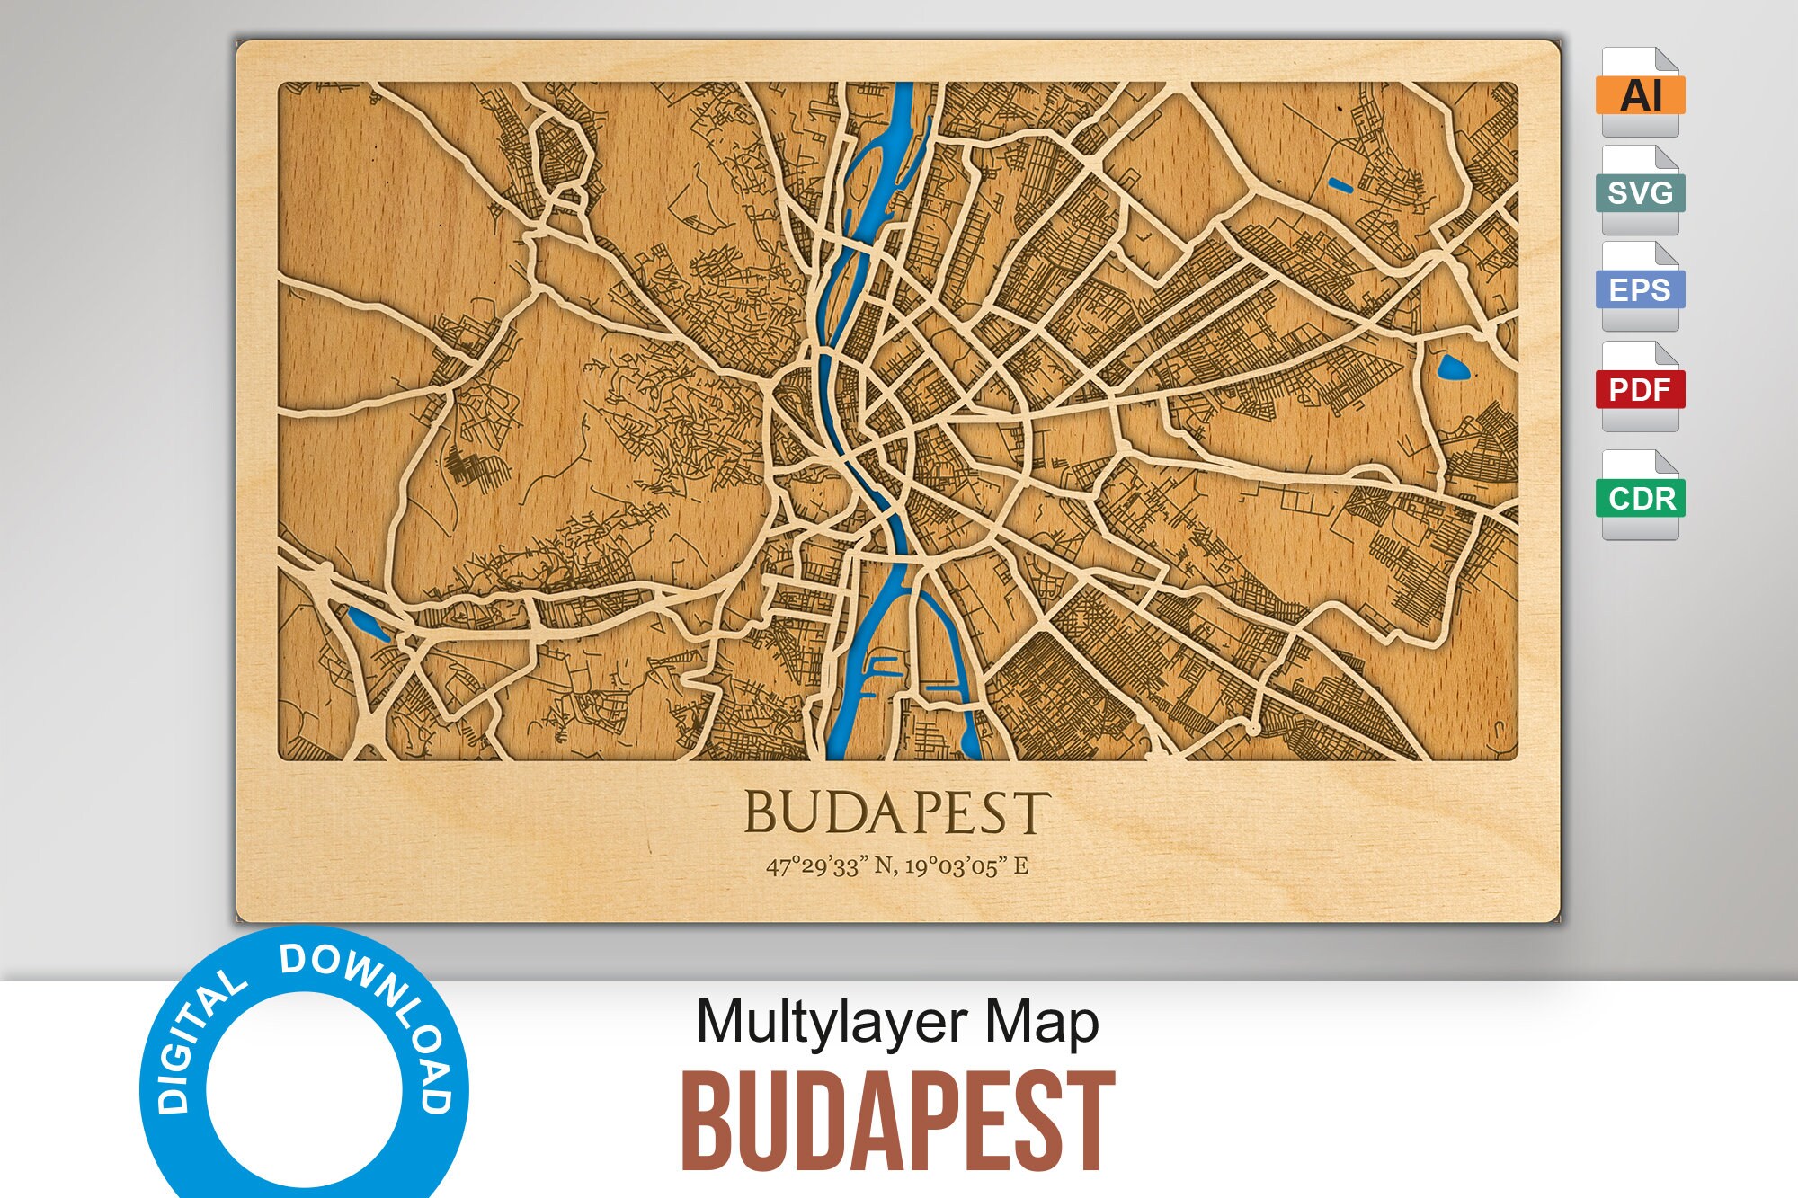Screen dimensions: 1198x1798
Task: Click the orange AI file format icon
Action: [x=1640, y=93]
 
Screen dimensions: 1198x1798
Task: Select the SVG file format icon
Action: [x=1640, y=191]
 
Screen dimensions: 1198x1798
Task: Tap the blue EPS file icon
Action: [x=1640, y=288]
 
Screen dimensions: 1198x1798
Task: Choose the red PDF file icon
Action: [x=1640, y=388]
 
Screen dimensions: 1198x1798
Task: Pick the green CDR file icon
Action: [x=1640, y=497]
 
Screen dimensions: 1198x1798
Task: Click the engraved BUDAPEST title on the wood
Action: [x=896, y=813]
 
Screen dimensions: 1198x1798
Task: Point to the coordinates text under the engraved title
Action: [x=896, y=866]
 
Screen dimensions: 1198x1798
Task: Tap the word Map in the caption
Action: [x=1042, y=1023]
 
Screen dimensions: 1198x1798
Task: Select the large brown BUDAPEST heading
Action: [x=896, y=1121]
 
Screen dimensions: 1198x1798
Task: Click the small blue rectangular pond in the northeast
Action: [x=1340, y=185]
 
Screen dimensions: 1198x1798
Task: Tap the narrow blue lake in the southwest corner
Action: [x=368, y=622]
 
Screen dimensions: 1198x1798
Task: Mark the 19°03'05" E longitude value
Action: [x=967, y=866]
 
